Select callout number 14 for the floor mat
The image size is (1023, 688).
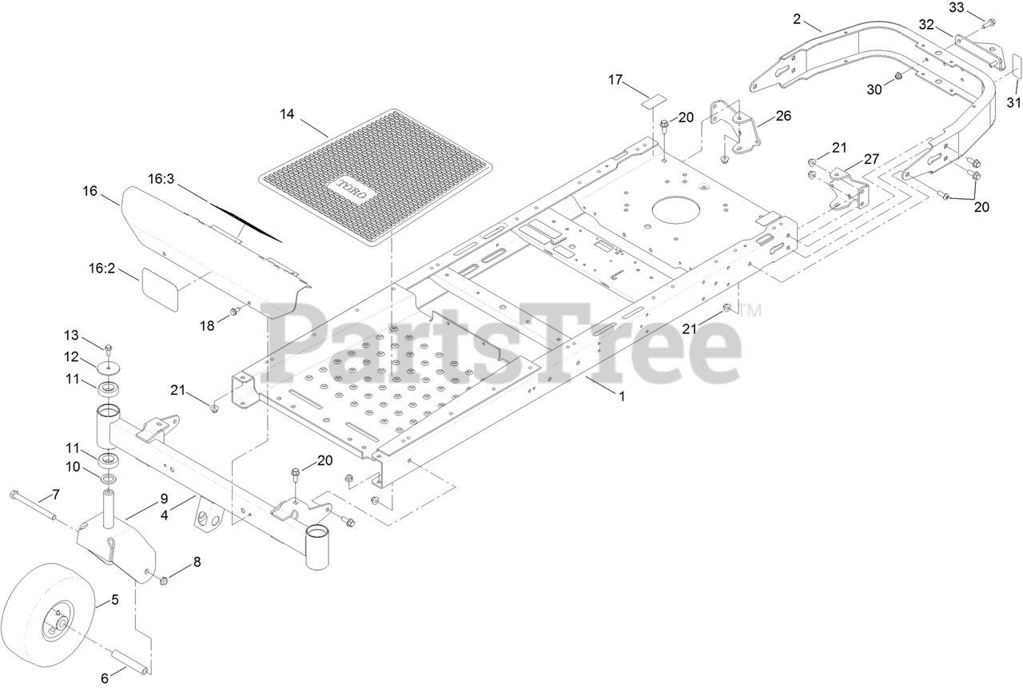coord(287,115)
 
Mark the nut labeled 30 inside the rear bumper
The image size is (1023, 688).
coord(898,77)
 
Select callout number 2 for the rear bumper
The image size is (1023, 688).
coord(796,18)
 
